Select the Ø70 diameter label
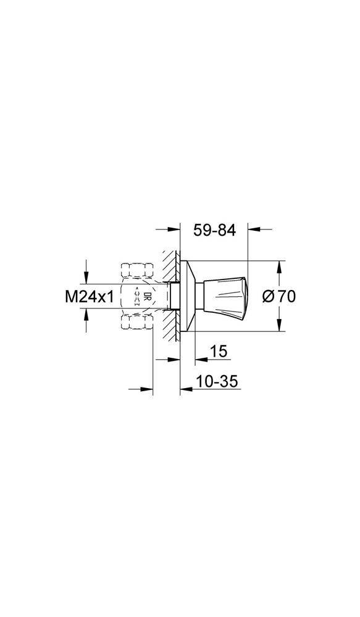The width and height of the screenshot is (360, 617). tap(278, 296)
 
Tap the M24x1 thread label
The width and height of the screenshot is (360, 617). tap(90, 297)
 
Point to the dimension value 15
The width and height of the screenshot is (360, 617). tap(219, 351)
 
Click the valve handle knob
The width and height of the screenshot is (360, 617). tap(225, 296)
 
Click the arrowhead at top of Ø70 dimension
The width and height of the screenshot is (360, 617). tap(279, 266)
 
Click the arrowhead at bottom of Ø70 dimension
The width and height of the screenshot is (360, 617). tap(279, 326)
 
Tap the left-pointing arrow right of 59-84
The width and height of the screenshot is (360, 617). tap(254, 229)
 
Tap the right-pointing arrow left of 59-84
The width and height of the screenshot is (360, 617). tap(172, 229)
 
